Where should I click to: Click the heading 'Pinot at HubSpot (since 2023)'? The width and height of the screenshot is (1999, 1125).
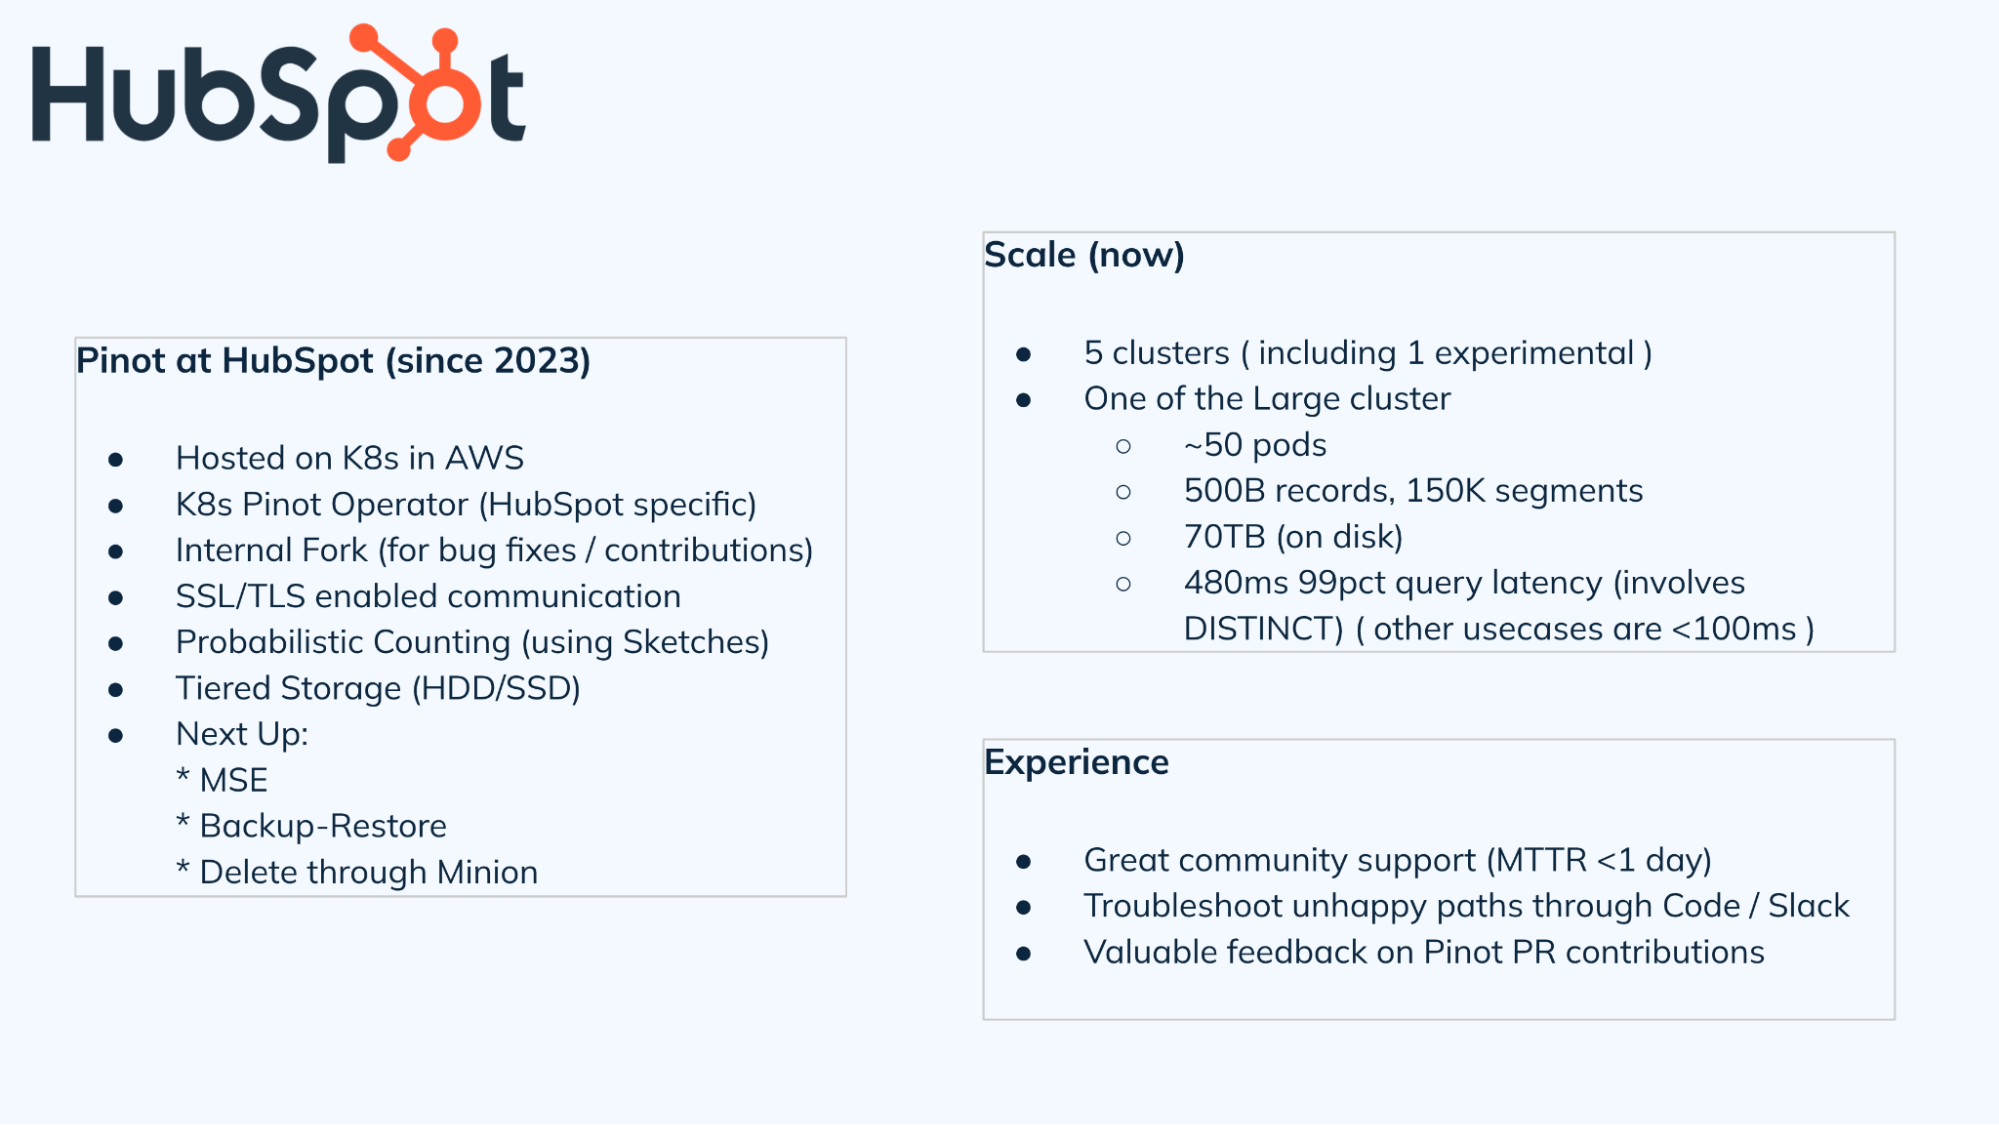[x=333, y=361]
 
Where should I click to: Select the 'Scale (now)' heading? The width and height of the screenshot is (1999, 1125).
[x=1084, y=255]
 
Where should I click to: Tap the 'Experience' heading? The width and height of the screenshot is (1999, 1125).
[x=1076, y=762]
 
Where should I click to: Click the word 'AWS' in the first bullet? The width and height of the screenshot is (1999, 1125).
[x=484, y=458]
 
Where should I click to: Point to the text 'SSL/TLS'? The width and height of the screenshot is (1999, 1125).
[x=240, y=596]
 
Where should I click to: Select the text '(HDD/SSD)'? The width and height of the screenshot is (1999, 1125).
[x=496, y=688]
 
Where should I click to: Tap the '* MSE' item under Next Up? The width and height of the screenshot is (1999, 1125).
[x=222, y=780]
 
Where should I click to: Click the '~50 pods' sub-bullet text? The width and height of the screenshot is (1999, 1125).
[x=1255, y=445]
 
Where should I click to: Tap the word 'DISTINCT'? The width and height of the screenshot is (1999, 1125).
[x=1258, y=629]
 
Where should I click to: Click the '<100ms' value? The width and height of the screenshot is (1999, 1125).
[x=1734, y=629]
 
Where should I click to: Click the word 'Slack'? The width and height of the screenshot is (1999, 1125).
[x=1808, y=906]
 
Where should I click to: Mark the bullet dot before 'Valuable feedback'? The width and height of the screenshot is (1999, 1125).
[x=1023, y=954]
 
